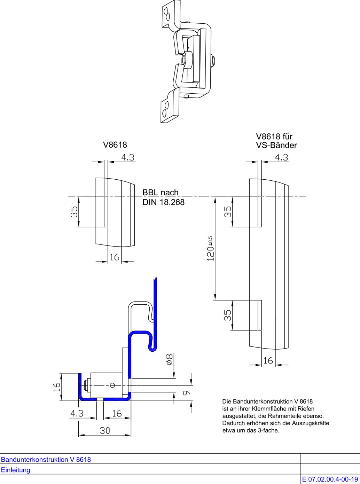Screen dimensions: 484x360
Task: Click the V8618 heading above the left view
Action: [x=115, y=145]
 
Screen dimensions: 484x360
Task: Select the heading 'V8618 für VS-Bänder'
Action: [x=276, y=141]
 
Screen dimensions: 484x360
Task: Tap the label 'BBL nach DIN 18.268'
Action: [x=163, y=197]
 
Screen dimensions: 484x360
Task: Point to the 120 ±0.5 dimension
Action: [x=211, y=249]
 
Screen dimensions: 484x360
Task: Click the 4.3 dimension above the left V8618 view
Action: [x=127, y=157]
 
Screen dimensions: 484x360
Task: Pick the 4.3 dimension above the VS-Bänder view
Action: [x=281, y=157]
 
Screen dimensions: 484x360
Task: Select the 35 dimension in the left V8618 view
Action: [x=74, y=212]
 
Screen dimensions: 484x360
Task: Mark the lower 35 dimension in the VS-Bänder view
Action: [x=227, y=315]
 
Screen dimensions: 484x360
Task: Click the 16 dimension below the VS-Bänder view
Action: [x=268, y=360]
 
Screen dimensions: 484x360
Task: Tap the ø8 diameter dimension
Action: [x=169, y=359]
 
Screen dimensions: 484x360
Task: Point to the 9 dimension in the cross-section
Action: [x=186, y=392]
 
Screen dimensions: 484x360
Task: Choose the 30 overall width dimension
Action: [x=105, y=431]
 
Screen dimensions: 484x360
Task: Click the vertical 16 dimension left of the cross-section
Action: [x=56, y=387]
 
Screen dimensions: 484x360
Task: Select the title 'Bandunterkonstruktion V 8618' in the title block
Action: [x=46, y=460]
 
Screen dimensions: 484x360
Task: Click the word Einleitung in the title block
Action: [x=16, y=470]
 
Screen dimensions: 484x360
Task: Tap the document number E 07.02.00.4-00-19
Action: [x=330, y=479]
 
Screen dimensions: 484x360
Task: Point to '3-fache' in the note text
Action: [x=269, y=430]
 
